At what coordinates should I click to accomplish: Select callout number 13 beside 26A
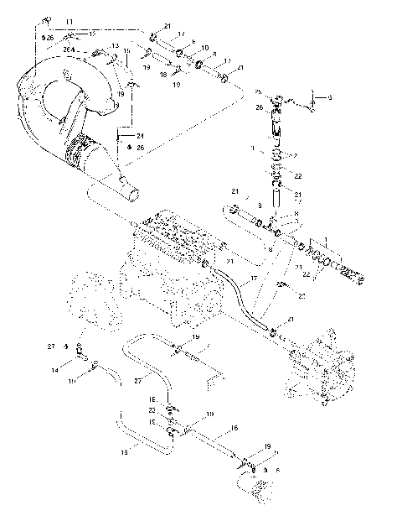click(x=115, y=45)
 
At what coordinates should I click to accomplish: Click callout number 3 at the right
click(x=329, y=98)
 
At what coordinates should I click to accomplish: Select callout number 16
click(x=234, y=428)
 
